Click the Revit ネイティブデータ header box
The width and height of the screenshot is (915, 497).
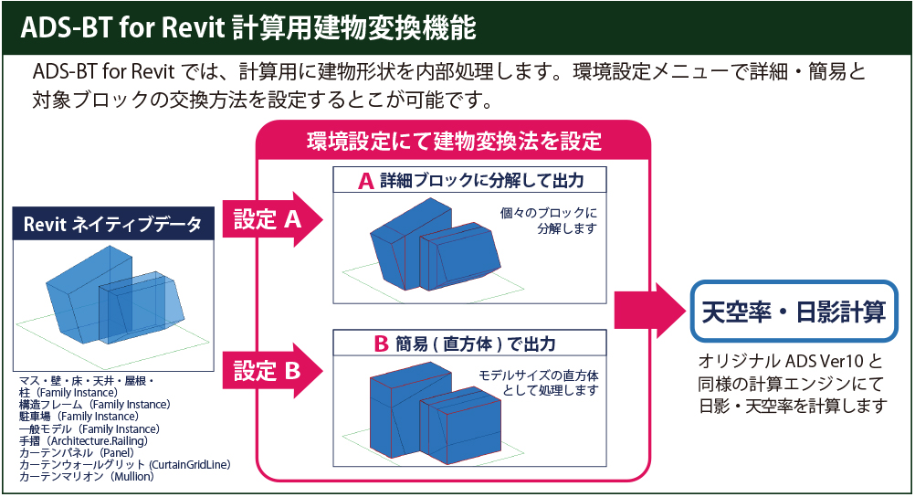tap(113, 224)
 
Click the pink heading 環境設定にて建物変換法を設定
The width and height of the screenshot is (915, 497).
tap(454, 142)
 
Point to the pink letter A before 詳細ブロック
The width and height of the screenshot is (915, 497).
tap(365, 181)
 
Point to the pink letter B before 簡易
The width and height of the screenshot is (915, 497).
tap(382, 344)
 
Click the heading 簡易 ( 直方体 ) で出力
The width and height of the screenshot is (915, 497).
tap(475, 344)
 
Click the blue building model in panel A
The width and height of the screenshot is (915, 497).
tap(429, 247)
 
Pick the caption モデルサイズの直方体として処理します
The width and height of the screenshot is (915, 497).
tap(539, 383)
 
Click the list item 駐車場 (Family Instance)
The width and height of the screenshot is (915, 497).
tap(79, 417)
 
